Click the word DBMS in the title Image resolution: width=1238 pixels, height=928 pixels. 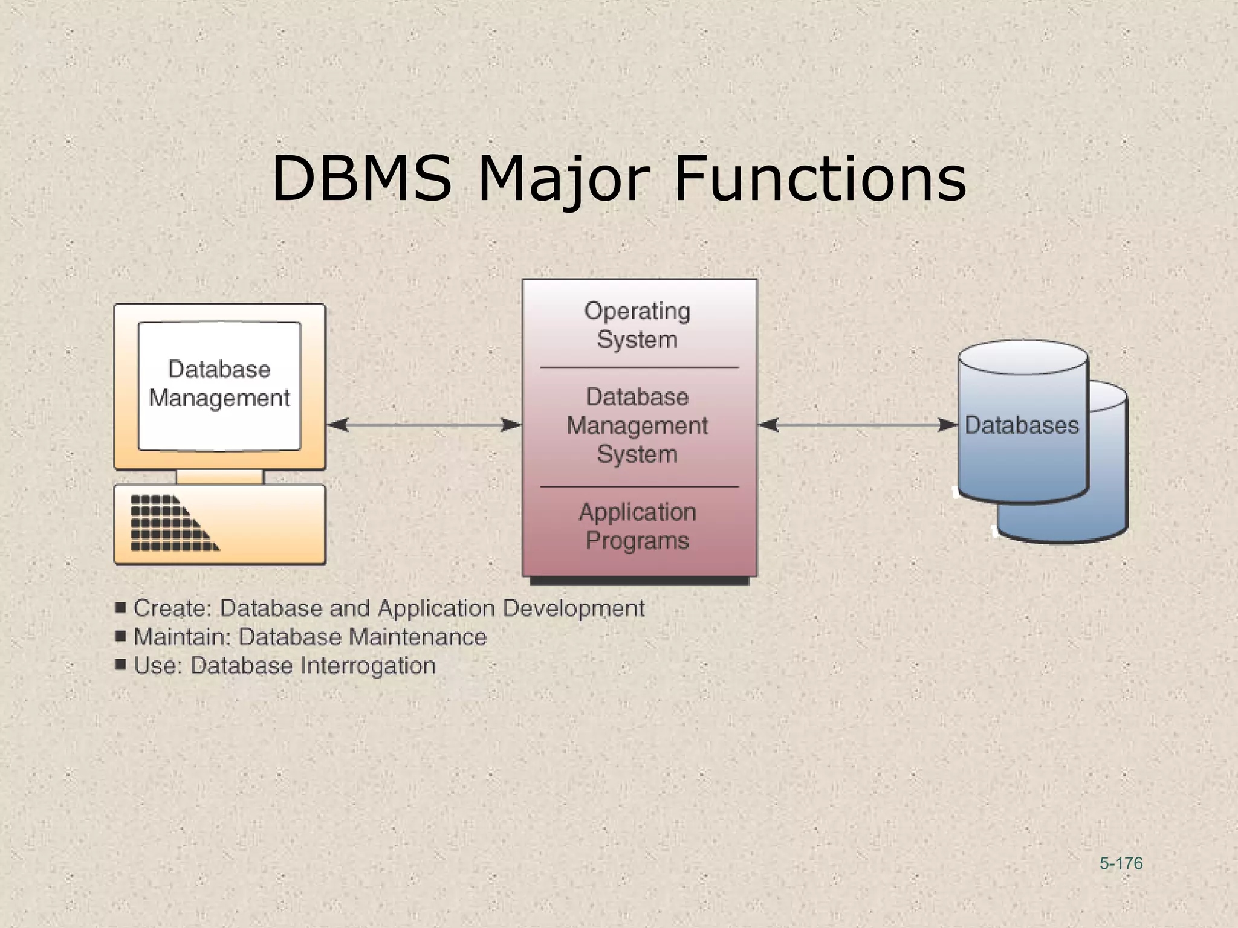coord(361,179)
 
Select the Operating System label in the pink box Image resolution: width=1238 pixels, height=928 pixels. coord(637,325)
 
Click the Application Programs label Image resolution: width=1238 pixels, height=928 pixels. coord(637,526)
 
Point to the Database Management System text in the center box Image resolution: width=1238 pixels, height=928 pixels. coord(637,425)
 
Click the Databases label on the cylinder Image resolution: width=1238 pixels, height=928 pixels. coord(1021,425)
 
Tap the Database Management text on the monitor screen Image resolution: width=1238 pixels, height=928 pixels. coord(219,384)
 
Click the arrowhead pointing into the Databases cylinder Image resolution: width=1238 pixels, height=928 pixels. coord(948,425)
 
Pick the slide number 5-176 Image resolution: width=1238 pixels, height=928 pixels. coord(1121,863)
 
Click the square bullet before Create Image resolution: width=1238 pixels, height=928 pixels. coord(120,607)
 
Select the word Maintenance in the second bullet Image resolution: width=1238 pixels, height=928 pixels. coord(418,637)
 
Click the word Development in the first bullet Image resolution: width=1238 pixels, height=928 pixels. coord(574,608)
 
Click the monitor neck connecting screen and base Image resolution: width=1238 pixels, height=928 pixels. coord(219,477)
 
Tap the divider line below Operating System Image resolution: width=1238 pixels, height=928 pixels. coord(639,367)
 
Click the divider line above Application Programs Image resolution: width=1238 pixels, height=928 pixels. coord(639,486)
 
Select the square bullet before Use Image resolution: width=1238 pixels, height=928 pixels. coord(120,665)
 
